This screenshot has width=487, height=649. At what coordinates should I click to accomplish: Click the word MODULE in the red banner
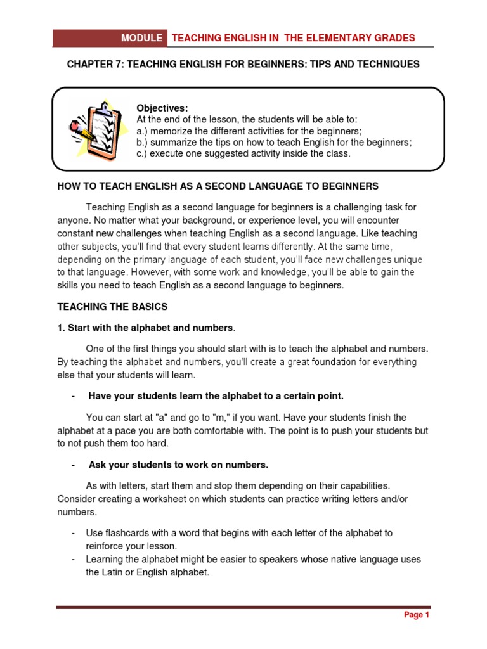tap(142, 38)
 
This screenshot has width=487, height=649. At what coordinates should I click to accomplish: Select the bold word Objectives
tap(162, 108)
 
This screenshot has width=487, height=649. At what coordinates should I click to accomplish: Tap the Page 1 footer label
tap(417, 615)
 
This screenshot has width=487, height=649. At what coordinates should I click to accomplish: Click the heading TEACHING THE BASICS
tap(112, 307)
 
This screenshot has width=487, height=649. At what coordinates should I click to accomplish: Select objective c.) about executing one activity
tap(243, 153)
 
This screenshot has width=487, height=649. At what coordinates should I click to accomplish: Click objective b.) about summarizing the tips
tap(274, 142)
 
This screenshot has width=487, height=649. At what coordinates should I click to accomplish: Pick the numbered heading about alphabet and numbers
tap(146, 328)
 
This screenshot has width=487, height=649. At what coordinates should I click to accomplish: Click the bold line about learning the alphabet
tap(216, 396)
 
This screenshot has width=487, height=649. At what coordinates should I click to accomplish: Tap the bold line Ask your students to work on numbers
tap(178, 465)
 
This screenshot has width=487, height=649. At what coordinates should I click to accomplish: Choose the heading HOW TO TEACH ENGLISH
tap(218, 186)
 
